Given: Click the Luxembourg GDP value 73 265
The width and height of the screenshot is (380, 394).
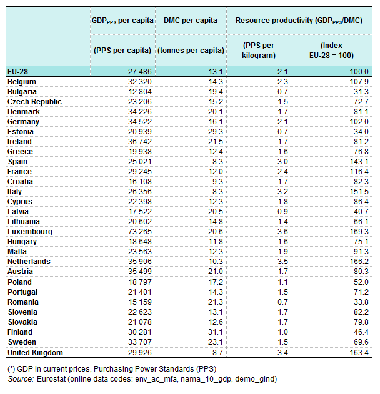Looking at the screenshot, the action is click(x=140, y=232).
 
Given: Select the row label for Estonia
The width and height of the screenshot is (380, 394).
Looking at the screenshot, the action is click(x=21, y=132).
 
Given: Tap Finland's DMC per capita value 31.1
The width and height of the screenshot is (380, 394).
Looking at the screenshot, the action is click(x=216, y=332).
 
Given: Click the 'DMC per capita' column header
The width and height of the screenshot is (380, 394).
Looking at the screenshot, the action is click(x=191, y=21).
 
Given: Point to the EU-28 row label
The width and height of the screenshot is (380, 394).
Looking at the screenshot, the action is click(x=17, y=72).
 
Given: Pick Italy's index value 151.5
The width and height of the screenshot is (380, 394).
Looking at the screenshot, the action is click(x=359, y=192).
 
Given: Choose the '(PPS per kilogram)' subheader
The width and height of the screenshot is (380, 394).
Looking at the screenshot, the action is click(x=259, y=51).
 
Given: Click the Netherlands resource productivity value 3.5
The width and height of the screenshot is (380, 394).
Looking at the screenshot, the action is click(x=282, y=262).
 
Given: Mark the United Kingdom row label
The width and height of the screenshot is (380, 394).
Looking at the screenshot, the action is click(x=35, y=353).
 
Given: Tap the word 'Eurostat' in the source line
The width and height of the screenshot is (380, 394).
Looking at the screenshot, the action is click(x=51, y=378).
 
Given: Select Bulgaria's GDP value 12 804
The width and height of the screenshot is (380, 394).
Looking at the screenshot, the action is click(x=140, y=92).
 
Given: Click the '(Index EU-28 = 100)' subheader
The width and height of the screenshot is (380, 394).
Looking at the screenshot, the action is click(x=331, y=51).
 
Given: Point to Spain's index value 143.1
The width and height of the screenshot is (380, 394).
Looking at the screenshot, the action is click(x=359, y=162).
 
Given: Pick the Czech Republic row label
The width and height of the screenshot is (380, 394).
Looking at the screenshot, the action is click(x=34, y=102).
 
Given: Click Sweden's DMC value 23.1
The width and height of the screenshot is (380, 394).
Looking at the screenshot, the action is click(x=216, y=342).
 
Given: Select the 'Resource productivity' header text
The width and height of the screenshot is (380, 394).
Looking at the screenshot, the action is click(x=274, y=21).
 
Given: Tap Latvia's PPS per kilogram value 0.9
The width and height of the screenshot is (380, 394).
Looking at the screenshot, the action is click(x=282, y=212).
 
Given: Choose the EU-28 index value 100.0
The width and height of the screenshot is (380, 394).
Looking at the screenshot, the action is click(x=359, y=72).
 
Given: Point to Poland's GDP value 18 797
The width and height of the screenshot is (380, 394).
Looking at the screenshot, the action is click(x=140, y=282).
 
